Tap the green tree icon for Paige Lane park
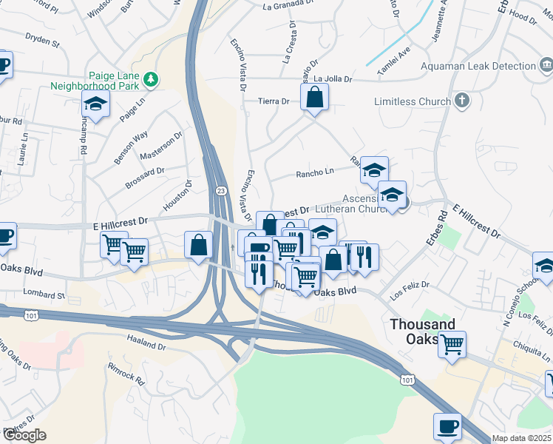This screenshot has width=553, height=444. pyautogui.click(x=151, y=78)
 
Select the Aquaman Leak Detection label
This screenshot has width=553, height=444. pyautogui.click(x=478, y=66)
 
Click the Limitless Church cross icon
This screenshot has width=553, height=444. pyautogui.click(x=463, y=101)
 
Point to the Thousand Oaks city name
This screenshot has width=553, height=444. pyautogui.click(x=422, y=332)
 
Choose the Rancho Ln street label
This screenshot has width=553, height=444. pyautogui.click(x=314, y=173)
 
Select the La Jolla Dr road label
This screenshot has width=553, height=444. pyautogui.click(x=333, y=78)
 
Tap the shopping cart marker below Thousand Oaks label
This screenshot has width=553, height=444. pyautogui.click(x=452, y=344)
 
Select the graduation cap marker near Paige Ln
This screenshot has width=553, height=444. pyautogui.click(x=95, y=106)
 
